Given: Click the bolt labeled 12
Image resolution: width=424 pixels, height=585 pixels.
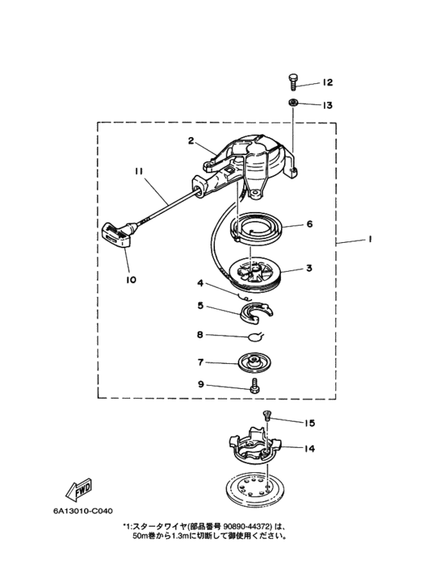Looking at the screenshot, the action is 293,81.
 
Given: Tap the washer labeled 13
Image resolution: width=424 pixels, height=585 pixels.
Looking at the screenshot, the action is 292,102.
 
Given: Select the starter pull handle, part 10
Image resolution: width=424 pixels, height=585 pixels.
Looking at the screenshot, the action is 117,235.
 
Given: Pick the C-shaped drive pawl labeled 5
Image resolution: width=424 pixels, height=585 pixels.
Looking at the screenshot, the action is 257,312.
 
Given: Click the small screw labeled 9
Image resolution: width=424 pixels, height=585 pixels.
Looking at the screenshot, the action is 256,387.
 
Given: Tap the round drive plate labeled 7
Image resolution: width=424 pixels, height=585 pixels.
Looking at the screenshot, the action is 254,363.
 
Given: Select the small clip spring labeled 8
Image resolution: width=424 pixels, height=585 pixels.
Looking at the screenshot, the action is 256,337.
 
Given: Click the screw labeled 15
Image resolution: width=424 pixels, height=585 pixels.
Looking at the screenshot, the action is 267,415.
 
